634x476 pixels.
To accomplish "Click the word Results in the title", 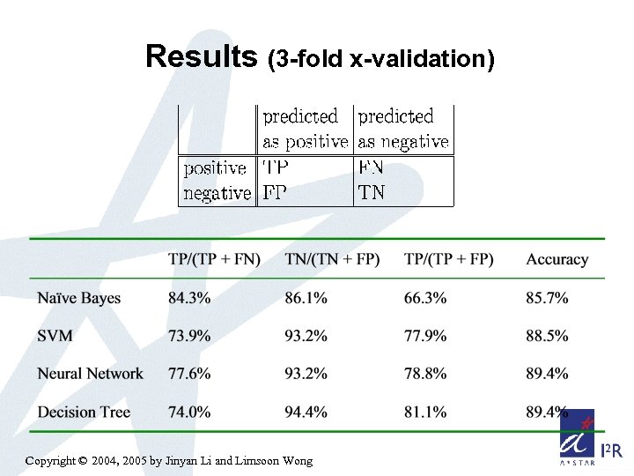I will [202, 56].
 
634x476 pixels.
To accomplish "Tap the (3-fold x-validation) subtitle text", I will [380, 59].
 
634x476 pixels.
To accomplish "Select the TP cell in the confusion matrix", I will [276, 167].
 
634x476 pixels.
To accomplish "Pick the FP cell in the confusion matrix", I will [275, 192].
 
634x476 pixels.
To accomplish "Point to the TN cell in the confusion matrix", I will [372, 192].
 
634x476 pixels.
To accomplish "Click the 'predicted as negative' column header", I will [403, 129].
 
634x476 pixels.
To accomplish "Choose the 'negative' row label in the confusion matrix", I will [217, 192].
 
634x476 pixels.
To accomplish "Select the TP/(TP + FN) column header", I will [214, 259].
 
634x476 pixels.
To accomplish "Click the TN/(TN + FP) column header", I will [332, 259].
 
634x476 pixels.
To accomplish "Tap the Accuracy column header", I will [557, 259].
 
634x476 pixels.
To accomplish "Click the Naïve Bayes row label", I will [79, 298].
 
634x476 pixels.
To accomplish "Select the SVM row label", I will [55, 336].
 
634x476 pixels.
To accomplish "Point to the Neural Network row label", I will [90, 374].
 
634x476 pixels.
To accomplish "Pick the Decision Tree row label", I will [84, 412].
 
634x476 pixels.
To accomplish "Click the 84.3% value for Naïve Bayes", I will [189, 298].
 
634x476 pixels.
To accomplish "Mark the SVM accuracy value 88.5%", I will [547, 336].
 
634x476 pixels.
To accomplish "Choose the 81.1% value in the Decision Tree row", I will [425, 412].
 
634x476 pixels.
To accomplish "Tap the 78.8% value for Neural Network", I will [425, 374].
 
